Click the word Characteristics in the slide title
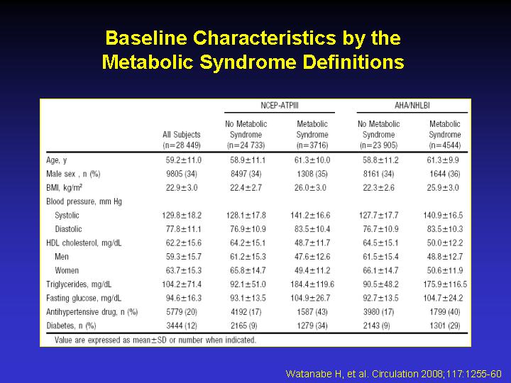[264, 38]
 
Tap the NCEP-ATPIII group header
[280, 106]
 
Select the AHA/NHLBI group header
[412, 106]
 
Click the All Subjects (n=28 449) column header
[182, 140]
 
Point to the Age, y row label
[57, 160]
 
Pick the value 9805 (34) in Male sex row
[182, 174]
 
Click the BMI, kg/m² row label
[64, 187]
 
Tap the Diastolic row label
[68, 229]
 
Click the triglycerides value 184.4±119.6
[312, 284]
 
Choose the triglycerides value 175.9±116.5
[445, 284]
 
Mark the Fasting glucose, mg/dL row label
[84, 298]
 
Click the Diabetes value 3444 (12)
[182, 326]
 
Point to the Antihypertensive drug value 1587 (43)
[312, 312]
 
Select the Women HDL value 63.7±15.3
[184, 270]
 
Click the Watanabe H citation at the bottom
[393, 374]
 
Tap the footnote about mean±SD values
[155, 340]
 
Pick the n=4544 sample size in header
[445, 145]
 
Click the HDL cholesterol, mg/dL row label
[84, 243]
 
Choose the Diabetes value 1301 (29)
[444, 326]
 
